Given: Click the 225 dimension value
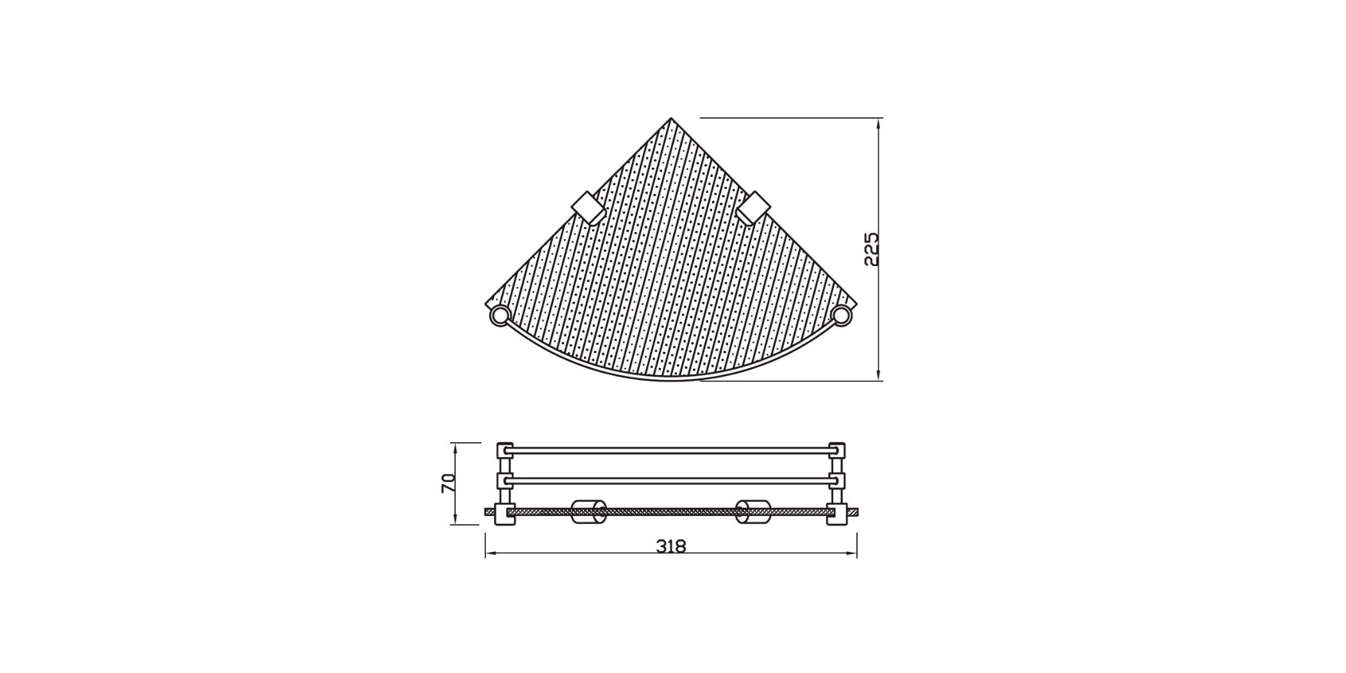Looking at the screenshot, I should coord(872,249).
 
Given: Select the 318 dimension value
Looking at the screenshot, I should coord(671,546).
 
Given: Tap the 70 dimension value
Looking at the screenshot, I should coord(449,483).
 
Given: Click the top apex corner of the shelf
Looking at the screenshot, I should coord(671,119).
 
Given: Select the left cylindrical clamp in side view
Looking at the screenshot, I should coord(588,511).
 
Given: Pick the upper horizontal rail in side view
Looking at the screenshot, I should coord(670,451).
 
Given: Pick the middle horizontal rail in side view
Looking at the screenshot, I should coord(670,480).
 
